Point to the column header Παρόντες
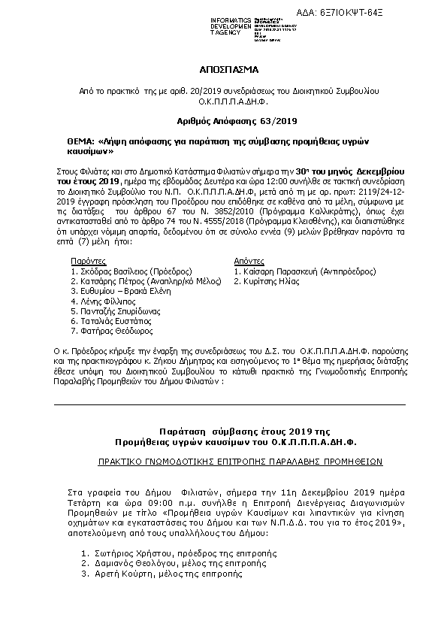pos(83,259)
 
